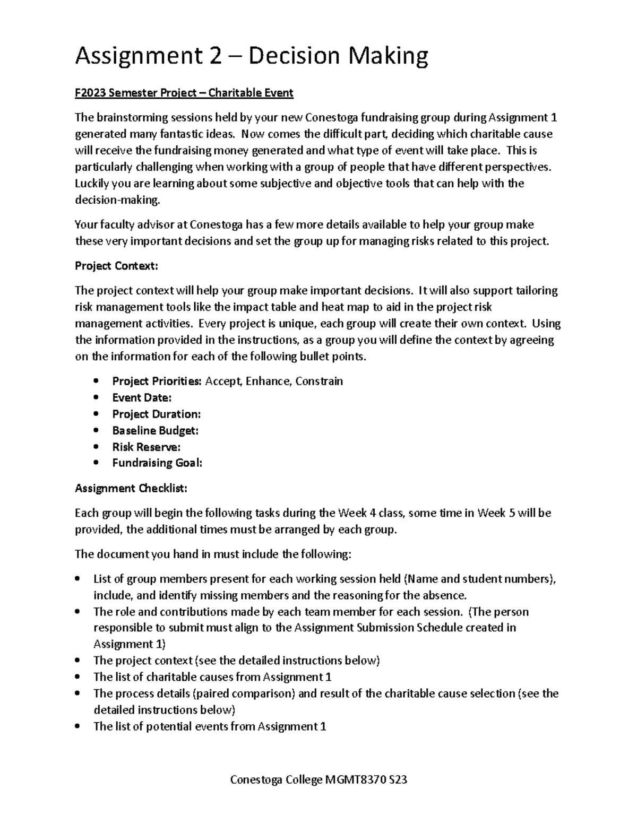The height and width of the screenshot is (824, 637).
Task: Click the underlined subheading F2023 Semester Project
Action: (x=184, y=93)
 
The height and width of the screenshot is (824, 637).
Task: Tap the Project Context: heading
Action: (x=116, y=266)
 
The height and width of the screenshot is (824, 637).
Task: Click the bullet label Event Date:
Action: (x=142, y=397)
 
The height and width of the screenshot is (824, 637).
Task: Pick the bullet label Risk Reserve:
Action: (x=146, y=447)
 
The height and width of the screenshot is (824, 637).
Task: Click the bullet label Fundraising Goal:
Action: (x=157, y=463)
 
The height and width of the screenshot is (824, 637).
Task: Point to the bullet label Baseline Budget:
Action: (x=155, y=430)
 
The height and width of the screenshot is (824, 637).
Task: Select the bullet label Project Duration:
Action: (x=156, y=414)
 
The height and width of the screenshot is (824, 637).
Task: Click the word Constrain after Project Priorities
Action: (x=319, y=381)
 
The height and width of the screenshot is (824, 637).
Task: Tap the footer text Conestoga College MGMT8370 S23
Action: (x=318, y=780)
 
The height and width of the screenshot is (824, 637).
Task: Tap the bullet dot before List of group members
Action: (x=78, y=579)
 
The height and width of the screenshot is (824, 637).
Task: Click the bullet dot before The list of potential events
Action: (x=78, y=726)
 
